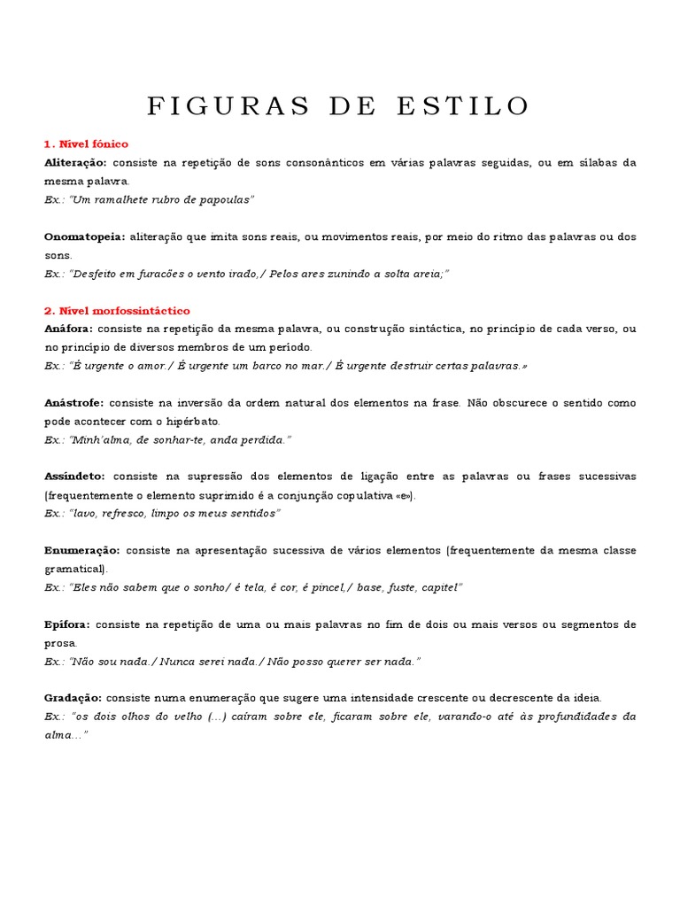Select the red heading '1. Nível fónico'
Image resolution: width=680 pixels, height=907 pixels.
click(86, 143)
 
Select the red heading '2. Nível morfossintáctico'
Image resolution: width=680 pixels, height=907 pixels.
click(117, 311)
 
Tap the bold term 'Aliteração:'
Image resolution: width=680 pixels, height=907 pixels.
click(75, 163)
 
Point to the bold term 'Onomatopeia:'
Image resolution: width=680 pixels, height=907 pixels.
click(84, 237)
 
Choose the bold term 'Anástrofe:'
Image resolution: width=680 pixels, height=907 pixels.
click(73, 403)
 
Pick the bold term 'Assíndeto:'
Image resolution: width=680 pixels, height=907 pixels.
click(75, 477)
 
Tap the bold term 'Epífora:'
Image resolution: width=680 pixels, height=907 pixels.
click(67, 624)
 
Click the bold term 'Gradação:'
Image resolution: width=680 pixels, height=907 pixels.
click(73, 698)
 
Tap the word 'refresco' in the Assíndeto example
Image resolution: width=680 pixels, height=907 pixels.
click(122, 514)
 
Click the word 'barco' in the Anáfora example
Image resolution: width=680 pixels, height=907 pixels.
click(281, 366)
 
